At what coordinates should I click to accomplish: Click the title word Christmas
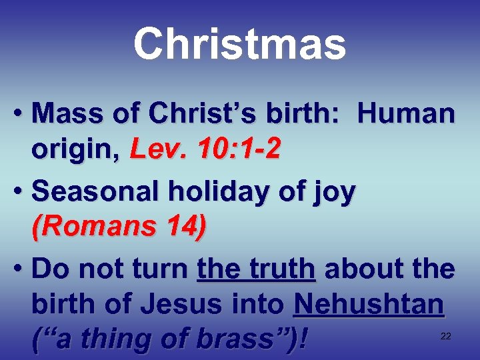pos(239,44)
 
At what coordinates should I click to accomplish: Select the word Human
pos(406,115)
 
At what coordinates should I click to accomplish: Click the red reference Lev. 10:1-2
pos(205,151)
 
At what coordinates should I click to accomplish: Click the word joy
pos(336,193)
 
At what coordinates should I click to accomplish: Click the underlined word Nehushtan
pos(369,305)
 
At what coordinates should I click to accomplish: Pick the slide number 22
pos(446,336)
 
